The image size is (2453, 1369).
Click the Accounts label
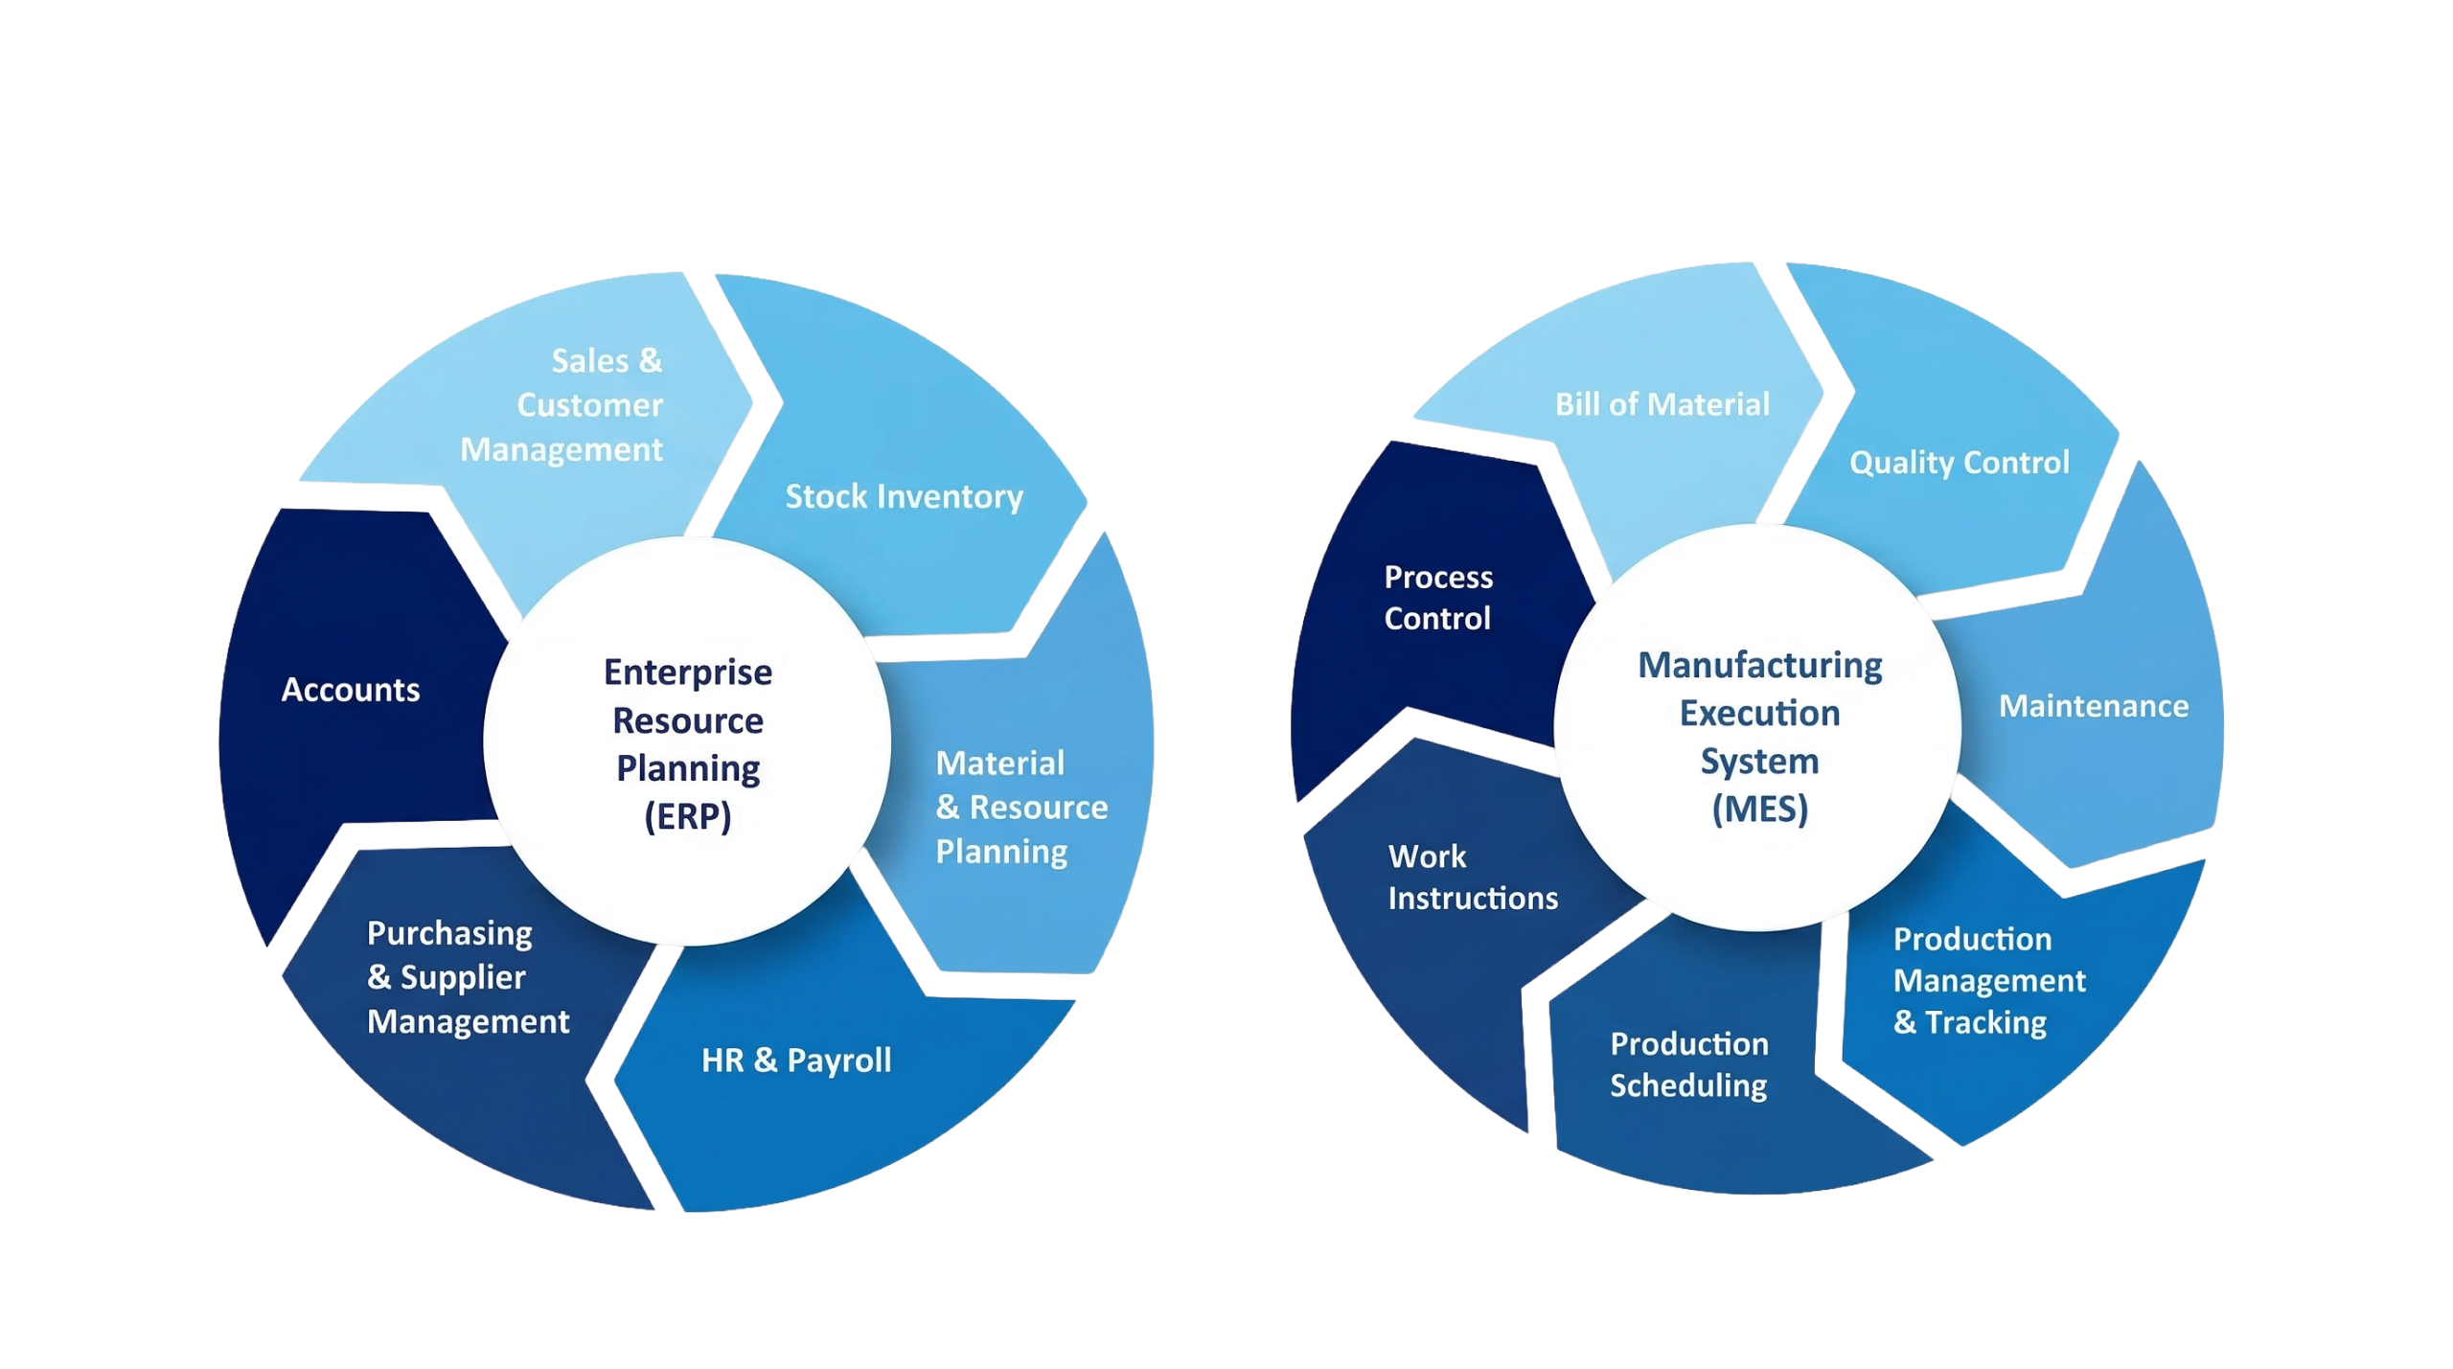click(351, 690)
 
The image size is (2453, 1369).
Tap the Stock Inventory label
click(904, 496)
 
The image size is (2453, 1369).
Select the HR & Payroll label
click(796, 1060)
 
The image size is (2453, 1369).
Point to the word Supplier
click(463, 977)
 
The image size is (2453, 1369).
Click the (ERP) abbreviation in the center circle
click(688, 816)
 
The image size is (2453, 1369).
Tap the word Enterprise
click(688, 673)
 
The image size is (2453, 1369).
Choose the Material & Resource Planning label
click(1020, 807)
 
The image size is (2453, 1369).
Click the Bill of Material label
click(1662, 404)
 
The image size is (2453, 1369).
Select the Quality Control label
click(1959, 463)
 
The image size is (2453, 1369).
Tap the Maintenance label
click(2094, 706)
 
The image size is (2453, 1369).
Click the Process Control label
click(1438, 598)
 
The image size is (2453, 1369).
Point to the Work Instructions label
click(1472, 877)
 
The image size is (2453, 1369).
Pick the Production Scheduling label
click(1688, 1064)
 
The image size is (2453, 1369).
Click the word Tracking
click(1985, 1022)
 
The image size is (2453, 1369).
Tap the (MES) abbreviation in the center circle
click(1760, 810)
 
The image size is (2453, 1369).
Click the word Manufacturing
click(1760, 665)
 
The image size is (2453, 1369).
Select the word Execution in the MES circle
click(1760, 713)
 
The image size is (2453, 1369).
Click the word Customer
click(589, 405)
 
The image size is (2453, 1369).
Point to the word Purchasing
click(449, 933)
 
